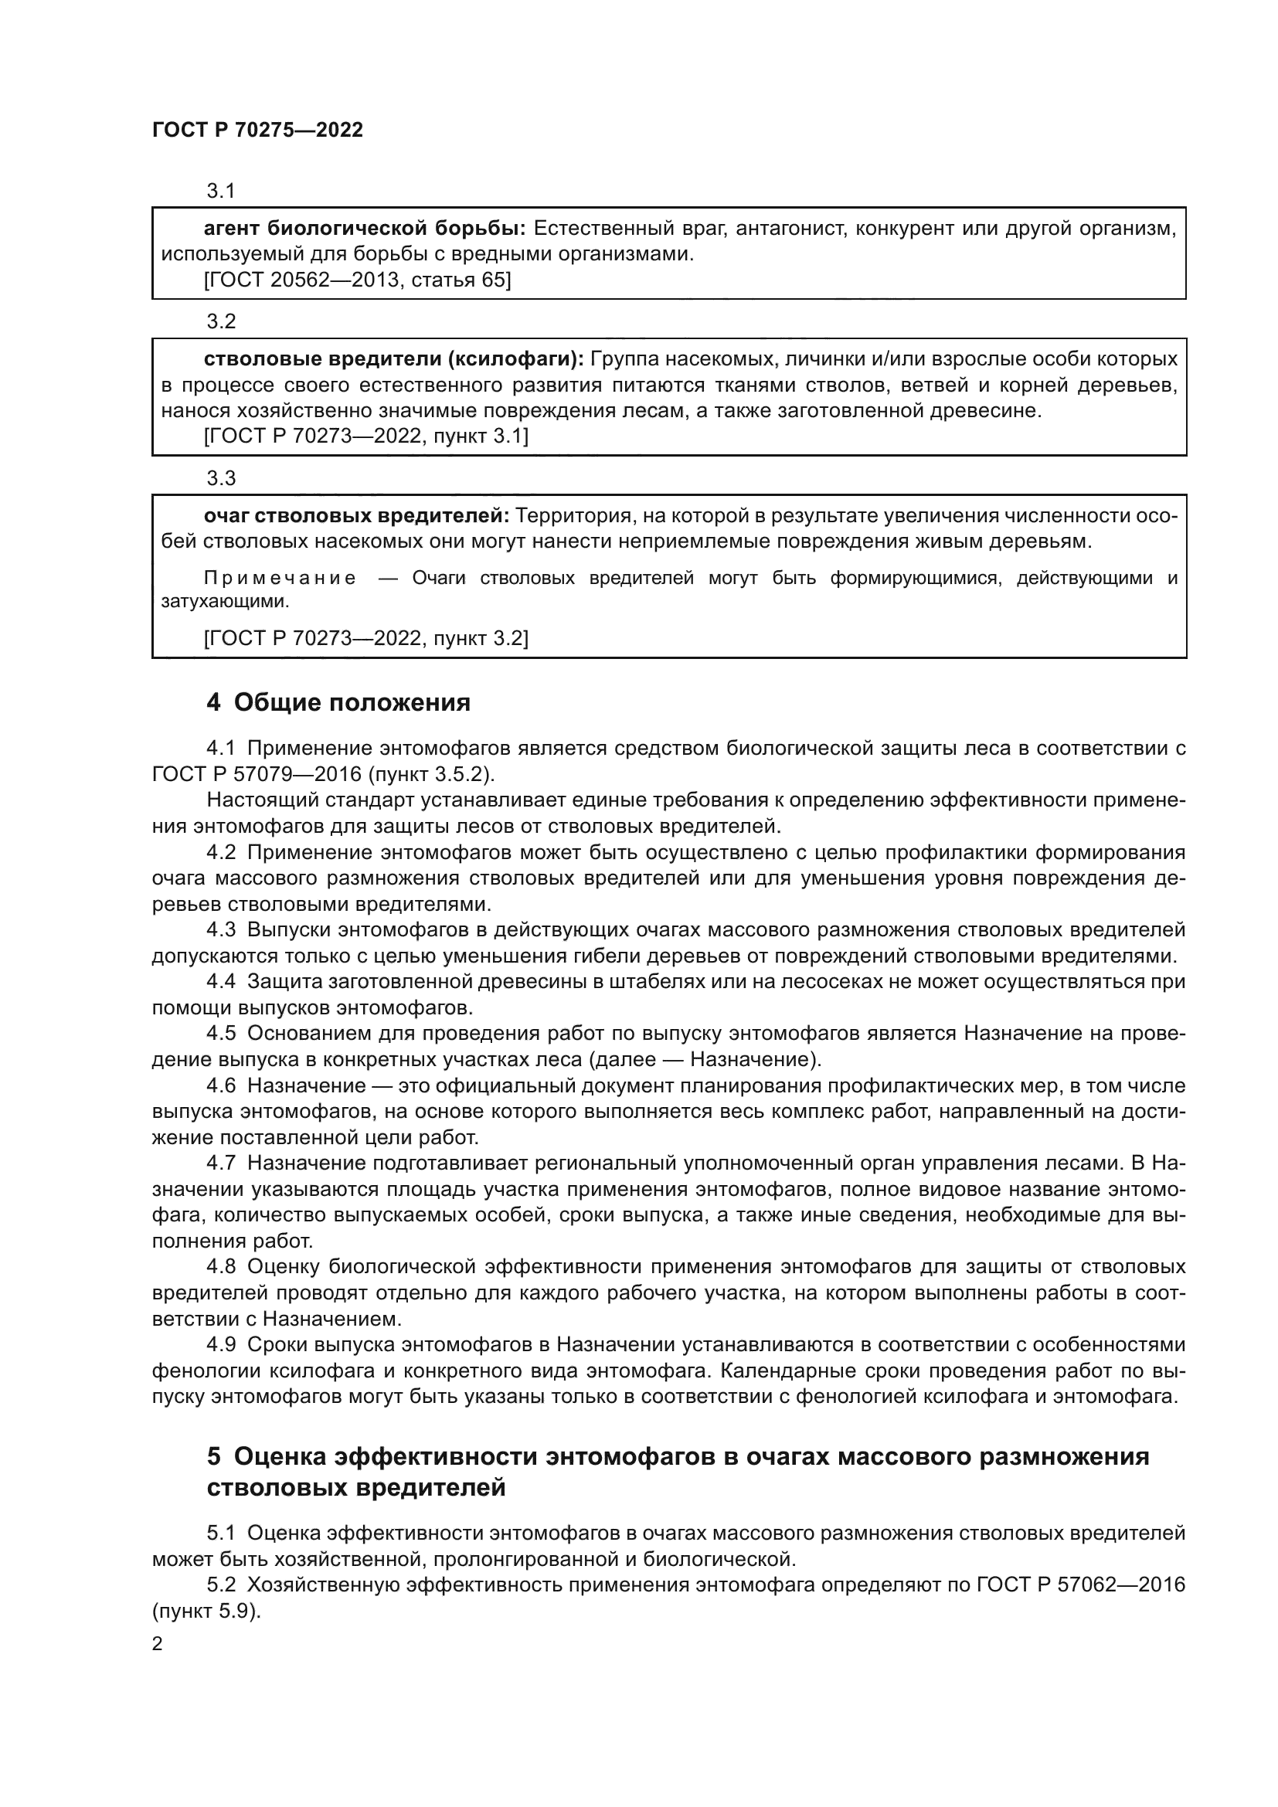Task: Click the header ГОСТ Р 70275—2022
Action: point(257,130)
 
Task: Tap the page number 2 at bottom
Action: point(158,1643)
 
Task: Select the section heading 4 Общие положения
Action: point(338,702)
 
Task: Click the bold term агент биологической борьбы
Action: point(365,229)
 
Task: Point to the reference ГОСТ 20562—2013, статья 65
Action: point(357,280)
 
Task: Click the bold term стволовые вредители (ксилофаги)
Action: point(393,360)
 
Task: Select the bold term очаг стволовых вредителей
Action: point(356,516)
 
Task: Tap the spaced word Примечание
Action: point(280,579)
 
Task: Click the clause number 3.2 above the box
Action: point(221,321)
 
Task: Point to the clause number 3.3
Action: point(221,477)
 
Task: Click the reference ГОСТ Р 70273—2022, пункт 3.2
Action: point(366,638)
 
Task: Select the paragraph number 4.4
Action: point(221,982)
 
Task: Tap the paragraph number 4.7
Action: point(221,1163)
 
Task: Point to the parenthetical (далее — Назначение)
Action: point(705,1059)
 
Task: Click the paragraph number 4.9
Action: point(221,1345)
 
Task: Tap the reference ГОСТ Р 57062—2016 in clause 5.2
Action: point(1080,1585)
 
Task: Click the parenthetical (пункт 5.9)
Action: point(206,1611)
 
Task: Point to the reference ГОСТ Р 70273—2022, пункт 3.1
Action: point(366,436)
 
